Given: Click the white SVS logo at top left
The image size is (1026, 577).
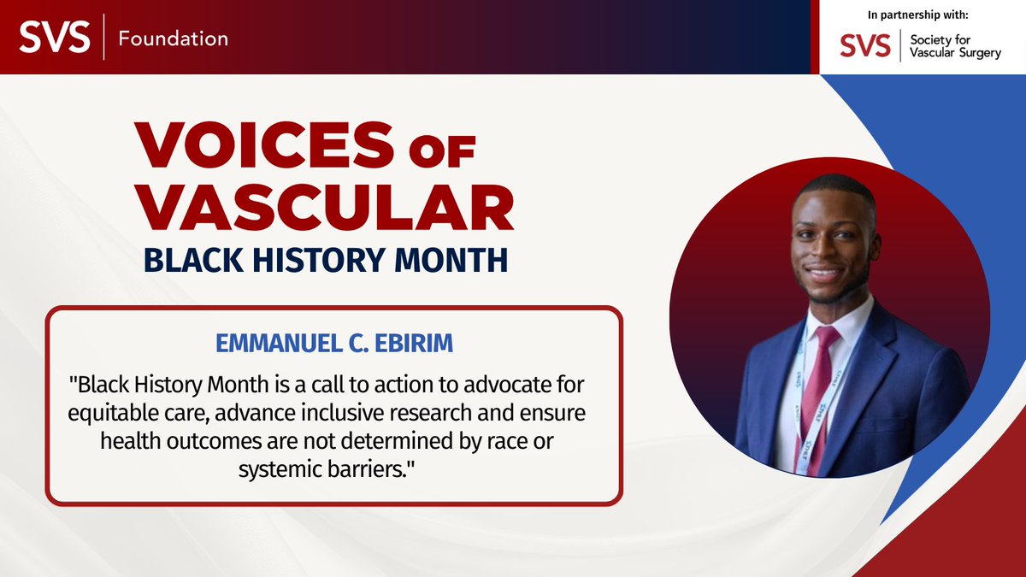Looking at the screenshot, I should (x=55, y=38).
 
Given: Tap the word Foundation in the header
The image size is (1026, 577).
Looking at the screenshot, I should (x=174, y=38).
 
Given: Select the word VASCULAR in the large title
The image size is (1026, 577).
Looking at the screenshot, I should (x=324, y=208).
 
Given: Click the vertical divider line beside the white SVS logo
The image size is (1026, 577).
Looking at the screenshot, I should (x=103, y=38).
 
